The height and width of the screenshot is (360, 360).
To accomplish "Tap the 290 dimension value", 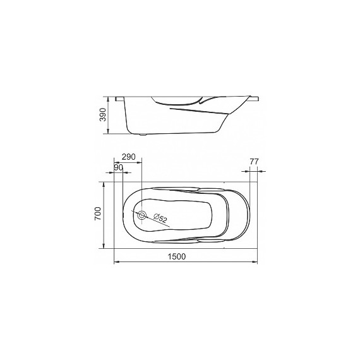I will coord(129,157).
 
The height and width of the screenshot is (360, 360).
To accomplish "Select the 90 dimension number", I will coord(118,167).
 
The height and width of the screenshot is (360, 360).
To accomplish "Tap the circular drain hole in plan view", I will coord(141,215).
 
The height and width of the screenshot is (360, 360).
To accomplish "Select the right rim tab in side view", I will coord(254,98).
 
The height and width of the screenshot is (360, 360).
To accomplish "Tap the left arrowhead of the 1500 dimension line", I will coord(116,261).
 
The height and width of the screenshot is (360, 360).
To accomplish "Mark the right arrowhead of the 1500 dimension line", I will coord(256,261).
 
